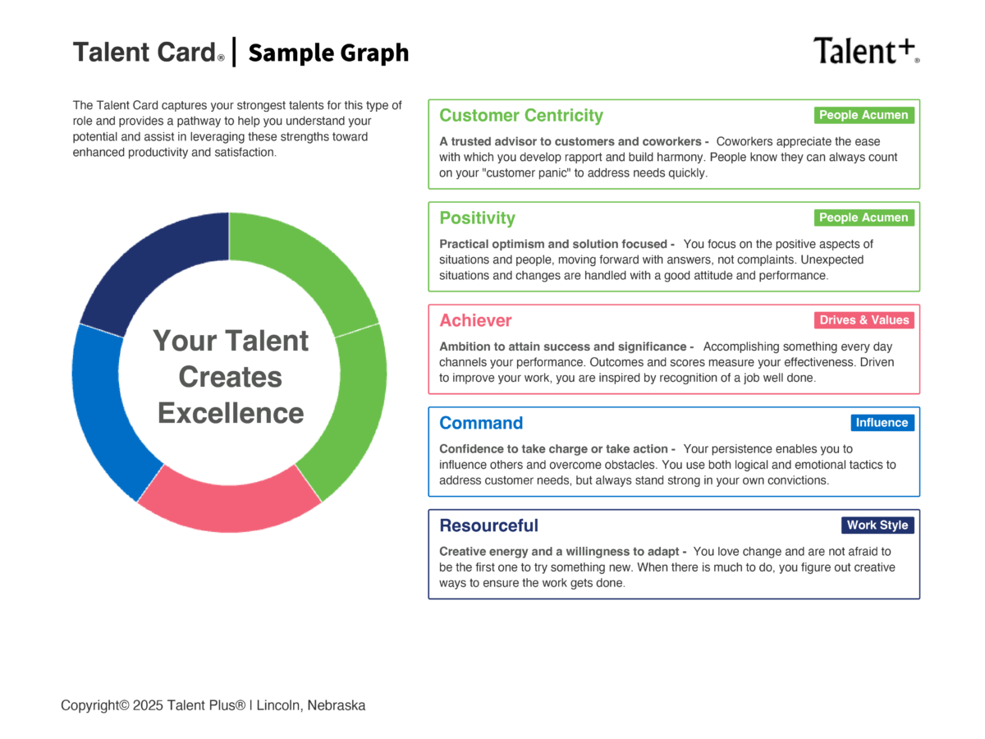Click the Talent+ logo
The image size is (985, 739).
[x=866, y=51]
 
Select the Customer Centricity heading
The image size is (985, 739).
[x=521, y=116]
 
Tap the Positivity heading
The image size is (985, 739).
[x=477, y=218]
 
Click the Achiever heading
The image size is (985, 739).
[x=475, y=321]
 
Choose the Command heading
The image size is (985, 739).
[x=481, y=424]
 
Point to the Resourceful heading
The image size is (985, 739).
[x=488, y=526]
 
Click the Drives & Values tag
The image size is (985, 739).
[x=864, y=320]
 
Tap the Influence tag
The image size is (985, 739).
[x=882, y=423]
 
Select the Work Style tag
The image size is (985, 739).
[x=877, y=526]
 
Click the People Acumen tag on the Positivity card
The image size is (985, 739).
[x=864, y=218]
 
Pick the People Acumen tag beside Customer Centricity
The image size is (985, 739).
[x=864, y=115]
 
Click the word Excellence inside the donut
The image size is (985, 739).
[x=231, y=413]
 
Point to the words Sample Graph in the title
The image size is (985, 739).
[x=328, y=53]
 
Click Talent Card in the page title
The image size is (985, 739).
[x=145, y=53]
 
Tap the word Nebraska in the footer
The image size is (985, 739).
[x=337, y=705]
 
